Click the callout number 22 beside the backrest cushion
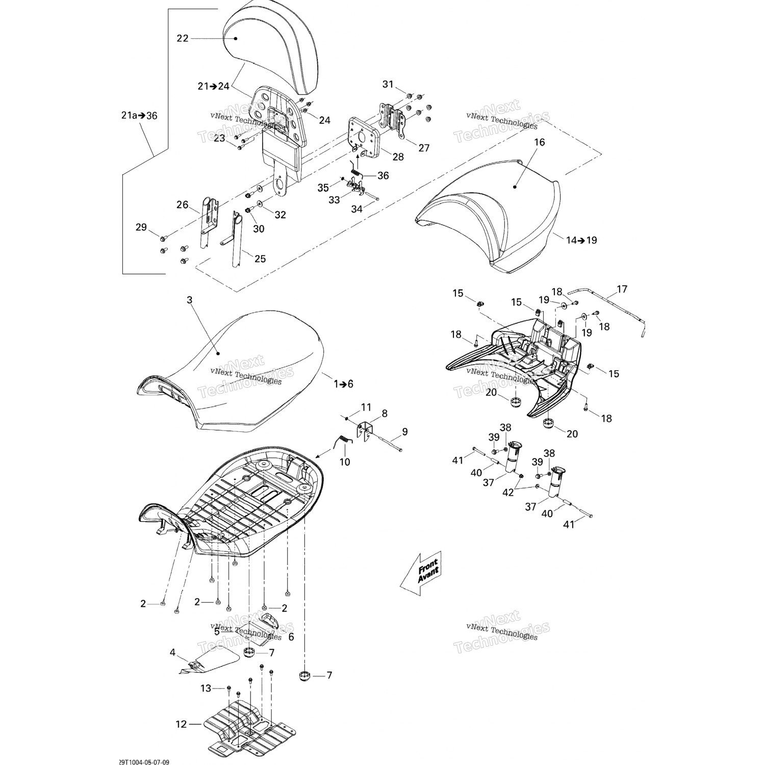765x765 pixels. point(183,38)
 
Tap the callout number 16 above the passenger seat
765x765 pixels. point(539,142)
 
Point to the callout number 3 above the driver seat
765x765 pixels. point(190,300)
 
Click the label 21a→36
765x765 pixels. point(139,116)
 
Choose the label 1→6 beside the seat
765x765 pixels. point(343,384)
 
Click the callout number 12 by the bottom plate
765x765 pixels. point(182,724)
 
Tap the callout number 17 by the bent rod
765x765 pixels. point(622,290)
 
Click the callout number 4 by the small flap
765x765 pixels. point(172,652)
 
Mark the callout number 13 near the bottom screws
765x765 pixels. point(206,688)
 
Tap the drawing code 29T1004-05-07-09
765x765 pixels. point(143,762)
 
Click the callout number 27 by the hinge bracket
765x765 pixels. point(424,148)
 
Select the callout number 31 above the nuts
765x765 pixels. point(388,84)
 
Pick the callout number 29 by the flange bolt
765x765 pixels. point(141,227)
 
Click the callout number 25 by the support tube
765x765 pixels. point(260,259)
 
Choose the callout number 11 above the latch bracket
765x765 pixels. point(366,407)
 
